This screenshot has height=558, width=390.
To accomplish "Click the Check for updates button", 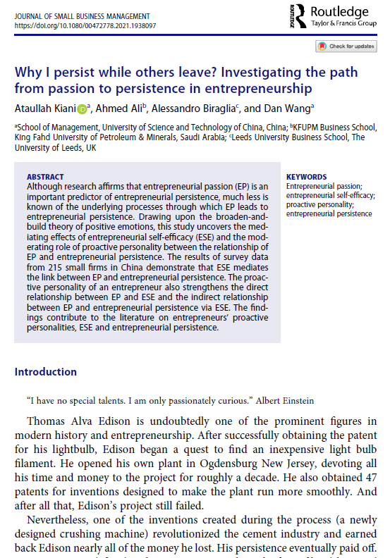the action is click(x=346, y=46).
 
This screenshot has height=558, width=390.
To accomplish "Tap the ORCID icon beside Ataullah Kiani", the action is click(x=82, y=108).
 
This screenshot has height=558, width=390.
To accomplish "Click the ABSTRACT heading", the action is click(x=45, y=177).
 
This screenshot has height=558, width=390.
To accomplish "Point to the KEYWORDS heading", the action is click(x=306, y=177).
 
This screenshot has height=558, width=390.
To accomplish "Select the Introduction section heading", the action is click(x=46, y=372).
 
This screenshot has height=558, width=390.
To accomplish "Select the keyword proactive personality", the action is click(x=317, y=204).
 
